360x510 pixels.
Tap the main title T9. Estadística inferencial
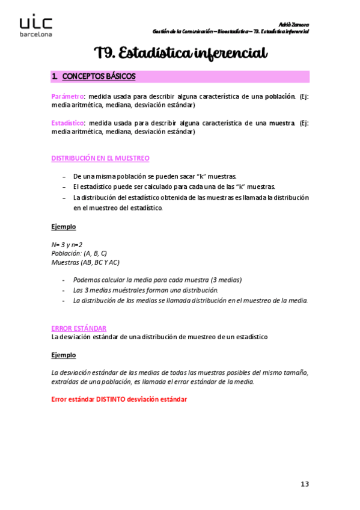tap(180, 54)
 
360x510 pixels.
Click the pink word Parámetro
tap(67, 96)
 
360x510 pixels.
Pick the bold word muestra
tap(281, 123)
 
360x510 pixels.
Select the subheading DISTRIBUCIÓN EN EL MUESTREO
tap(100, 158)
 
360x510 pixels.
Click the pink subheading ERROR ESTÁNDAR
tap(79, 328)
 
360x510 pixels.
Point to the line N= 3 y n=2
tap(67, 245)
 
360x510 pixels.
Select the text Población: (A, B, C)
tap(79, 253)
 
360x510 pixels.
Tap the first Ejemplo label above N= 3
tap(64, 227)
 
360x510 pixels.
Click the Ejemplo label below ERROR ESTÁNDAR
tap(64, 355)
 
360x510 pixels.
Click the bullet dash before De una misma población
tap(64, 176)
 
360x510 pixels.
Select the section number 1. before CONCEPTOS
tap(55, 76)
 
